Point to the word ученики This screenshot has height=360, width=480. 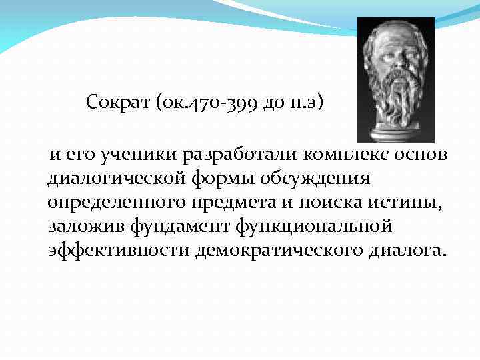point(130,155)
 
